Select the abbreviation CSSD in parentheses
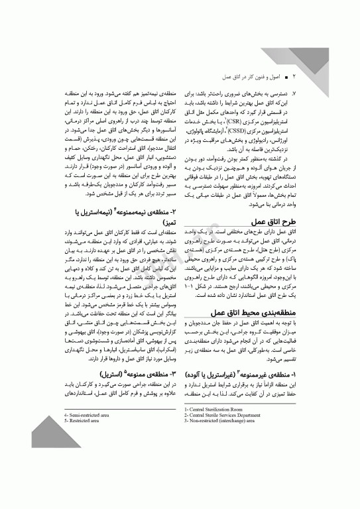click(237, 140)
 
